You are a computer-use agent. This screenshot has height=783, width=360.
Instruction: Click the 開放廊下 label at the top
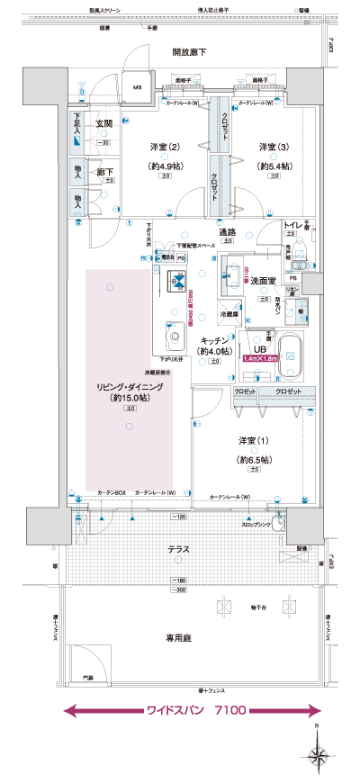(x=189, y=53)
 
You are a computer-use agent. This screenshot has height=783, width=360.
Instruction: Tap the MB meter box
(x=138, y=87)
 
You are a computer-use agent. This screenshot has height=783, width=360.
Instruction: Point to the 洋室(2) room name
(x=166, y=147)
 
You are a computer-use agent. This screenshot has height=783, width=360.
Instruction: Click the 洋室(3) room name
(x=275, y=147)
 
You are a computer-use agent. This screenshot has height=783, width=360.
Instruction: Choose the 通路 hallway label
(x=227, y=231)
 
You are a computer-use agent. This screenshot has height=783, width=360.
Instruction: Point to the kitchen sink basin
(x=174, y=342)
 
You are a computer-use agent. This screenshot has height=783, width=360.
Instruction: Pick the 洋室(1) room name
(x=255, y=441)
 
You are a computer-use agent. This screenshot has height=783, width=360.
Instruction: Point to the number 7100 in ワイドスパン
(x=229, y=711)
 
